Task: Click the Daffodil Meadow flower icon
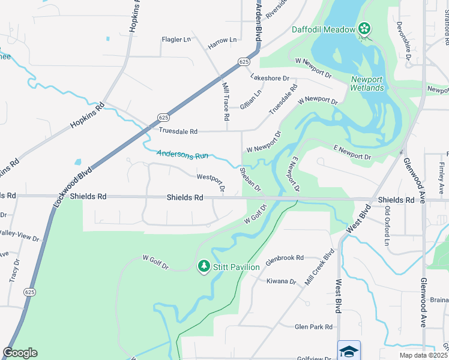[364, 28]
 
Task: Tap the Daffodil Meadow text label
[324, 29]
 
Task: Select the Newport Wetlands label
[367, 83]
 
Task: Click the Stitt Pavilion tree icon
[204, 266]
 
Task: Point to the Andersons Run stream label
[182, 154]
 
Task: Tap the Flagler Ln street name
[176, 40]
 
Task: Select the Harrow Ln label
[222, 40]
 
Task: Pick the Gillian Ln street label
[251, 99]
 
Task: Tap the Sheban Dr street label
[250, 179]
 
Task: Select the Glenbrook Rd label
[285, 257]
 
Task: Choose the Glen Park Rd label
[313, 327]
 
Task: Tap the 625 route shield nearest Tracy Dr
[29, 292]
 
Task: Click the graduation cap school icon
[349, 350]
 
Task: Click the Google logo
[20, 352]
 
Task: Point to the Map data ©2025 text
[423, 355]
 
